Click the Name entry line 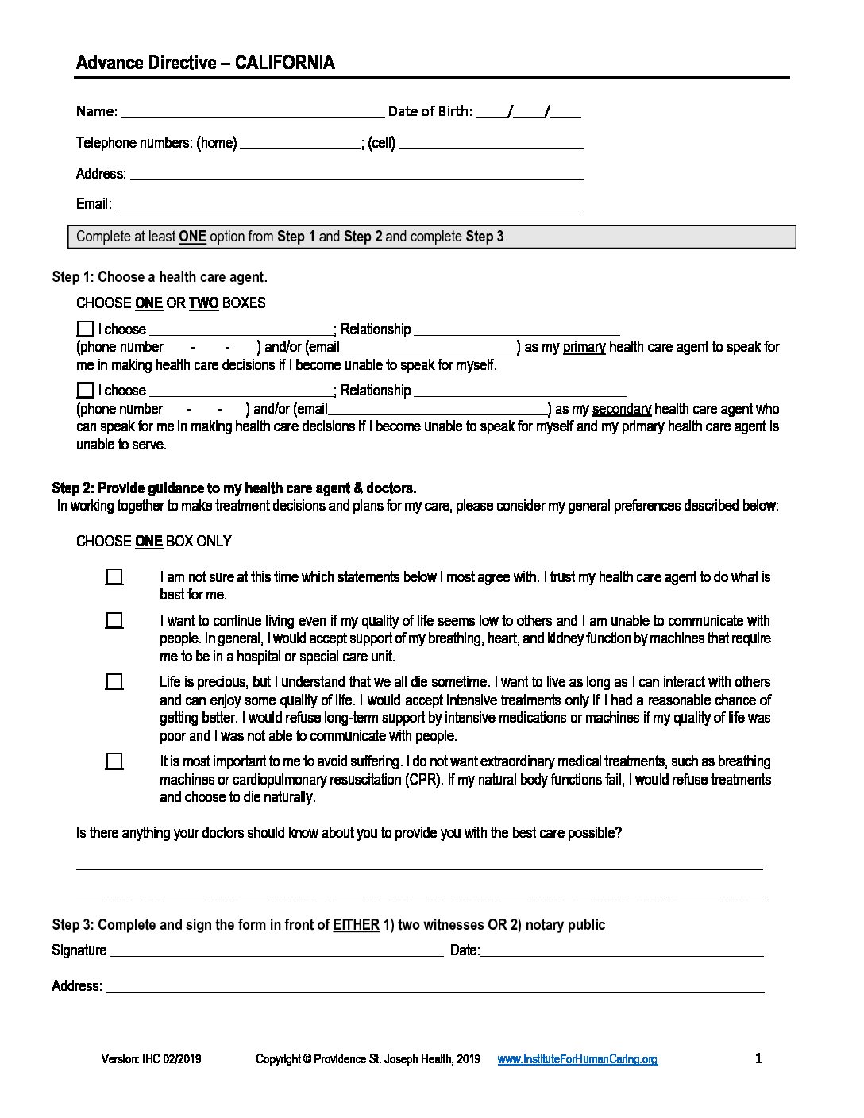252,111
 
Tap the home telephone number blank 299,144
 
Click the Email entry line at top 349,205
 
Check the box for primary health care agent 85,329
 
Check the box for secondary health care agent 85,390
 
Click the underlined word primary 584,347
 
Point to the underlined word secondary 622,409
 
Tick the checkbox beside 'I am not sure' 114,577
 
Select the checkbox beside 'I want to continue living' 114,621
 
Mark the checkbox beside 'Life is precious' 114,682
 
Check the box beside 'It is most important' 114,761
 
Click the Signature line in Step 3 276,951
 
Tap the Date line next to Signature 622,951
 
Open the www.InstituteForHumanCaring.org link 577,1059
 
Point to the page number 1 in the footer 758,1058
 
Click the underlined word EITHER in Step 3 356,925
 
